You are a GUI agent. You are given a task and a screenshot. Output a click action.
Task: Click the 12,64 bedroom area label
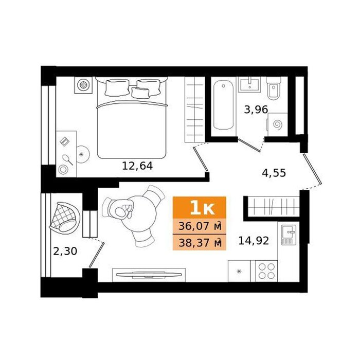click(x=137, y=166)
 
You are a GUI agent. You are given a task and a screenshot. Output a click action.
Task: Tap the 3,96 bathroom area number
click(x=256, y=110)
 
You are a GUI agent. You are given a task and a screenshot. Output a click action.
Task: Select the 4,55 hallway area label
click(x=274, y=173)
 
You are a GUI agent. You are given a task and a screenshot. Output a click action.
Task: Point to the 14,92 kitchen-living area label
click(x=254, y=241)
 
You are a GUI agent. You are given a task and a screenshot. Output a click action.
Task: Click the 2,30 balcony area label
click(x=65, y=251)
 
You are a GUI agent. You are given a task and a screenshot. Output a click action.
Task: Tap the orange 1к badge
click(x=200, y=208)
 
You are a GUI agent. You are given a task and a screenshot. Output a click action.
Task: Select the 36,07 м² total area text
click(x=200, y=226)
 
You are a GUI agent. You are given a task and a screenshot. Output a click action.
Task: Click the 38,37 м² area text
click(x=200, y=243)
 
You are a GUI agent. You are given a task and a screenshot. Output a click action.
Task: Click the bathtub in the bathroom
click(x=223, y=105)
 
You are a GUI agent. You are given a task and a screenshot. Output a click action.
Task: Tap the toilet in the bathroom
click(x=274, y=88)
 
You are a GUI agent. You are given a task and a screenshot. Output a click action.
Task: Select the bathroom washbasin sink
click(x=249, y=84)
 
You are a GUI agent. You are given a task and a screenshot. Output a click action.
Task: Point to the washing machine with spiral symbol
click(x=278, y=124)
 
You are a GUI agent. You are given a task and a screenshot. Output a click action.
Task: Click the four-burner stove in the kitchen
click(x=266, y=271)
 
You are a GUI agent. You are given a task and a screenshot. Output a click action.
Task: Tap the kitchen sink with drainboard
click(x=289, y=235)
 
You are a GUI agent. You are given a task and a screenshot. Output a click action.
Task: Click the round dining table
click(x=138, y=213)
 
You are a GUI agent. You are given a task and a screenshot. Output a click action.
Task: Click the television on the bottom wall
click(x=149, y=274)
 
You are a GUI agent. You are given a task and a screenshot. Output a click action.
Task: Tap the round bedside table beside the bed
click(x=83, y=154)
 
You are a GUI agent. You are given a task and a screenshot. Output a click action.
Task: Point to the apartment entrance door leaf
click(x=312, y=169)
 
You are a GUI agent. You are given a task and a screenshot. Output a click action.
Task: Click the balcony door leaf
click(x=97, y=255)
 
